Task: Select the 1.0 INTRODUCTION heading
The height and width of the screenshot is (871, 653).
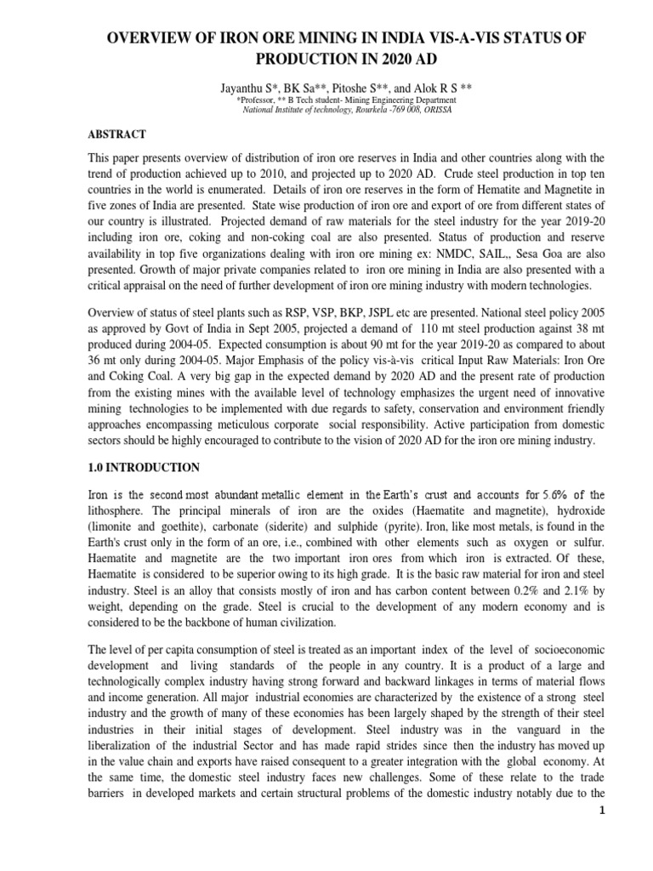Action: (x=145, y=467)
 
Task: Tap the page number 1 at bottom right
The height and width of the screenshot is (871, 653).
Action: (x=625, y=858)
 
